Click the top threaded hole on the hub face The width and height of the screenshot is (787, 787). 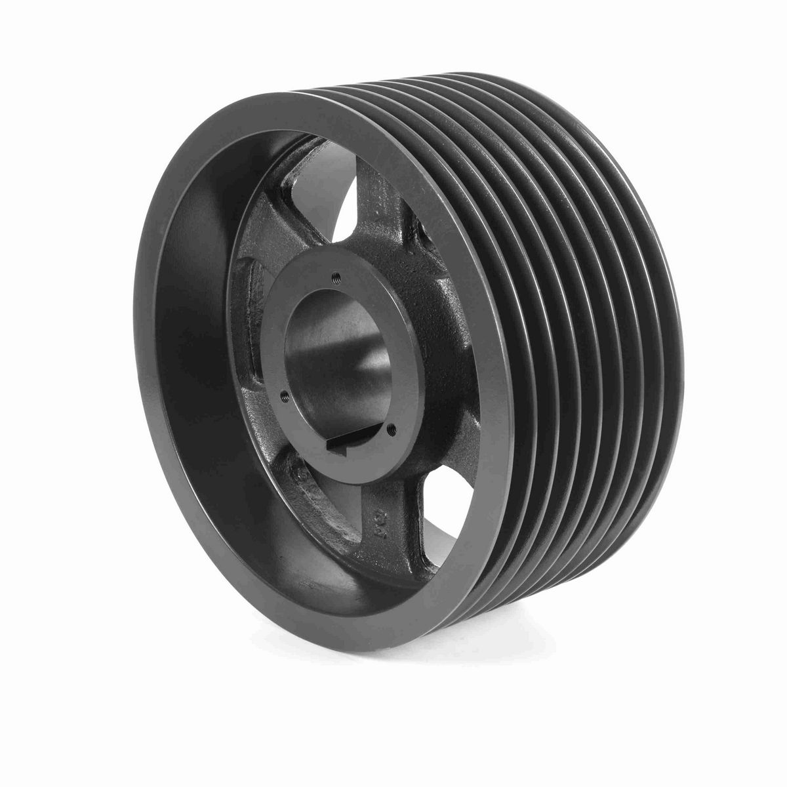335,275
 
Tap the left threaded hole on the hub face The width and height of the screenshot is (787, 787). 283,395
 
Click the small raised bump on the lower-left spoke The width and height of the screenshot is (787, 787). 300,472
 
